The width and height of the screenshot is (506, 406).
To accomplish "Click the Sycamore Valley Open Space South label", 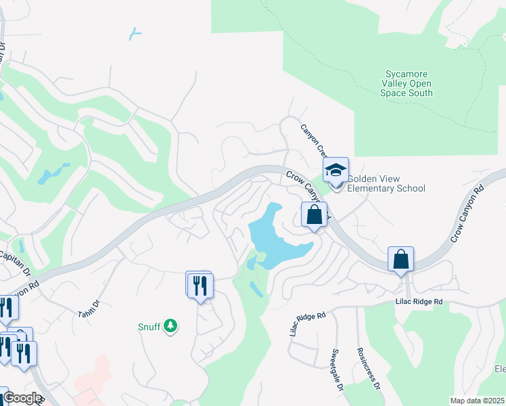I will tap(409, 83).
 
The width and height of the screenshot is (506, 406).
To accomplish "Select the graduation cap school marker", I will tap(335, 171).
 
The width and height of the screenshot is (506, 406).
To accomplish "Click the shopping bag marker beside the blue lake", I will tap(314, 216).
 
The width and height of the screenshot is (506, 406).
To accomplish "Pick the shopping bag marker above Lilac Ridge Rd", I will tap(400, 260).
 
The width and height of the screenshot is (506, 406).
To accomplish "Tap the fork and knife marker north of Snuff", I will tap(200, 285).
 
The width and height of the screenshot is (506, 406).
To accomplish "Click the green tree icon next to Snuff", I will tap(171, 327).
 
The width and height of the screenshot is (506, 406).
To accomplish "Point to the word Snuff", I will tap(149, 328).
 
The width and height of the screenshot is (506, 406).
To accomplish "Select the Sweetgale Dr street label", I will tap(336, 369).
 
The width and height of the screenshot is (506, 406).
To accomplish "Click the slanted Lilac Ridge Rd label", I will tap(308, 324).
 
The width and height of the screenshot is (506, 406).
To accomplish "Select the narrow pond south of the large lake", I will tap(256, 289).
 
